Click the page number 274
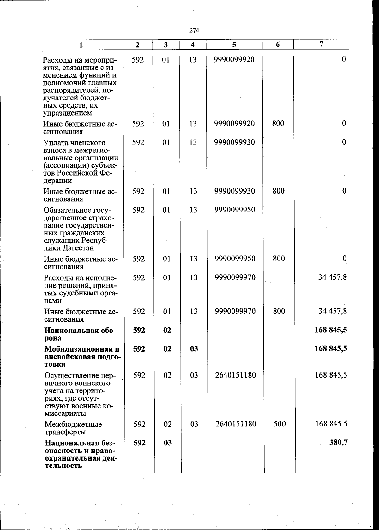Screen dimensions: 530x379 pos(194,30)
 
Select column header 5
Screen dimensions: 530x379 pos(234,45)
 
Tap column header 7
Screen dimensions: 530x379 pos(321,45)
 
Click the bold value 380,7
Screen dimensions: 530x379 pos(339,443)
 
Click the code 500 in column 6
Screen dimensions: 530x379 pos(280,424)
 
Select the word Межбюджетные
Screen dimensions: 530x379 pos(73,424)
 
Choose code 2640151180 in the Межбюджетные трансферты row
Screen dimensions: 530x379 pos(236,424)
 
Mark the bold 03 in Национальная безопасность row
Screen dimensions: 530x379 pos(168,443)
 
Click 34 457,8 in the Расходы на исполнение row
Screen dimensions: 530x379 pos(333,277)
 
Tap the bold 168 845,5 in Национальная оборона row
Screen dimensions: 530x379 pos(331,330)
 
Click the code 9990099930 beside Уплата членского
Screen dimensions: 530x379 pos(234,142)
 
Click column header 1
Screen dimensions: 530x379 pos(81,45)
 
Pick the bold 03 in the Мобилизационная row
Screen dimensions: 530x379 pos(194,349)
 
